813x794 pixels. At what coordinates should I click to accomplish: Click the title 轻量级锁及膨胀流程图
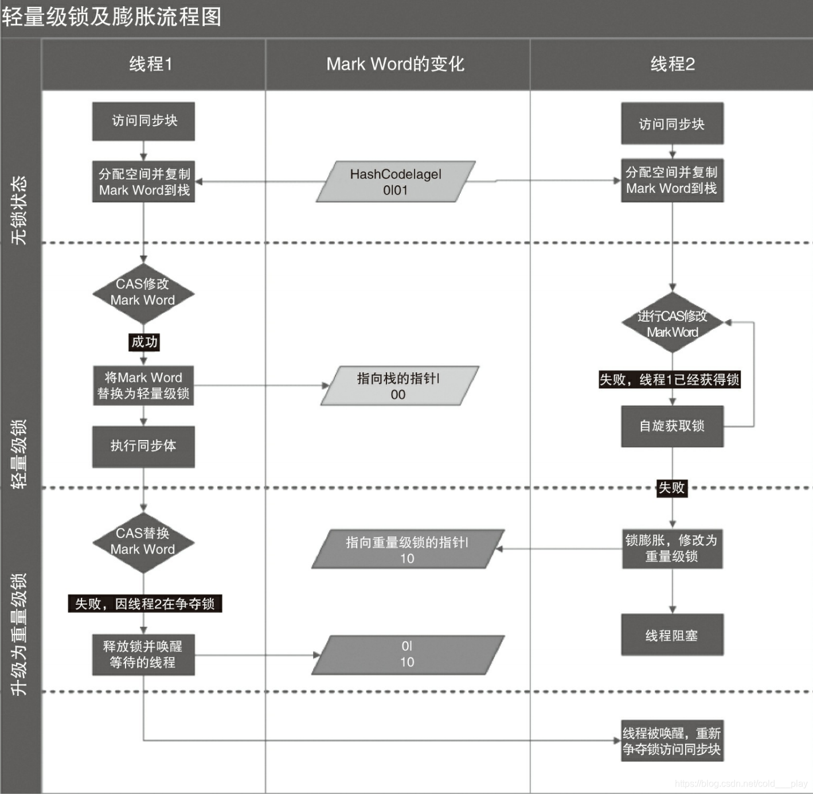tap(111, 17)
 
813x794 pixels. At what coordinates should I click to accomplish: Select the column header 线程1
tap(151, 64)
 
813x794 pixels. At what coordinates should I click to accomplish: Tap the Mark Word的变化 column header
tap(395, 64)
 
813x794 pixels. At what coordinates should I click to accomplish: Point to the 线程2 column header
tap(673, 64)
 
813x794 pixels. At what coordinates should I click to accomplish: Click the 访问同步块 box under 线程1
tap(144, 121)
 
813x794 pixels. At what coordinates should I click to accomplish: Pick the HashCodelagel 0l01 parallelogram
tap(396, 182)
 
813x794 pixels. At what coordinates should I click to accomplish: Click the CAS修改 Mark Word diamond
tap(143, 293)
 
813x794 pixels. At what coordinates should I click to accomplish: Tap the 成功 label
tap(144, 342)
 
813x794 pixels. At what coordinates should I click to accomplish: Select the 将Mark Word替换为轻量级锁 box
tap(143, 386)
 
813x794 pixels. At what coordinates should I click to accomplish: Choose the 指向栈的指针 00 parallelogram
tap(398, 386)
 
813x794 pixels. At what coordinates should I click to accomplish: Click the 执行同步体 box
tap(143, 446)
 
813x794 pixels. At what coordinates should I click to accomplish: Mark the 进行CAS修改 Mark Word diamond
tap(672, 324)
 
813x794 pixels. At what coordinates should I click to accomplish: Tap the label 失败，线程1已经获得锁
tap(669, 379)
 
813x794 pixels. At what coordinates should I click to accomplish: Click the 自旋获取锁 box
tap(672, 426)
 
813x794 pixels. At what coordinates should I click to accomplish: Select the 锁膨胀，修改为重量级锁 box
tap(672, 548)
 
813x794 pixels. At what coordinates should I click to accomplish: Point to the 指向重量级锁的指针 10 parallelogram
tap(407, 550)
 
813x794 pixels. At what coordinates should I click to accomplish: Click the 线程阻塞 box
tap(672, 635)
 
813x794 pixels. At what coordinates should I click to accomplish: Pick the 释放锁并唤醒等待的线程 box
tap(143, 655)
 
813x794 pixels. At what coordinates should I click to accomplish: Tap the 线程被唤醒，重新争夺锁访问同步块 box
tap(672, 741)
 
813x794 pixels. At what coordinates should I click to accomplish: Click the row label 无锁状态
tap(20, 209)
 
